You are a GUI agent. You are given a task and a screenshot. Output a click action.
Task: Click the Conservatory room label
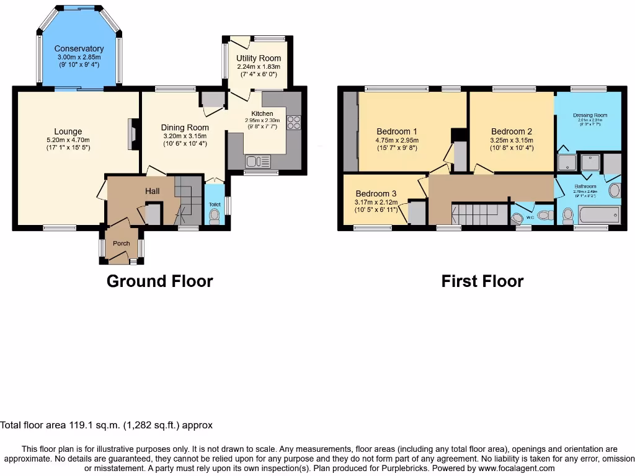point(79,49)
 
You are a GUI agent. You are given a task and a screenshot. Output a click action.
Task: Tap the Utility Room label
point(259,58)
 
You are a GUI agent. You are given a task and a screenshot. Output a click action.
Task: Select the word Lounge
point(68,131)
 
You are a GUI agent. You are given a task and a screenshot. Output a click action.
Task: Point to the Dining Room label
point(185,128)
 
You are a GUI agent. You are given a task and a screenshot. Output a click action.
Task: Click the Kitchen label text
point(262,113)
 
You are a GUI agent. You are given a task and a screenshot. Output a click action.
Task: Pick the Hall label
point(153,192)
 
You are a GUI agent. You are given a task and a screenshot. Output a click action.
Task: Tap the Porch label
point(122,244)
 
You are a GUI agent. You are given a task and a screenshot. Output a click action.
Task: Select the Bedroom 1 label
point(397,131)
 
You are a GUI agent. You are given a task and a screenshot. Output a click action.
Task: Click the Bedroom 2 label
point(512,131)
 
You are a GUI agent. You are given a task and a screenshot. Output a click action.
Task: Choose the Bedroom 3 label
point(376,193)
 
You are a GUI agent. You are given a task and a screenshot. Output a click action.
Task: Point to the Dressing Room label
point(590,115)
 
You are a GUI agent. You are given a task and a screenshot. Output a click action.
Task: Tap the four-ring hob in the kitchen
point(294,123)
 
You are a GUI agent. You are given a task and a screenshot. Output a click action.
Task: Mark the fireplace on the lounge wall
point(132,134)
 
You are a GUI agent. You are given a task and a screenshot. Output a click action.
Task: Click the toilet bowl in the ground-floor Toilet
point(215,216)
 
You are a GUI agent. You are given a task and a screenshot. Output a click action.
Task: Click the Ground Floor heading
point(160,281)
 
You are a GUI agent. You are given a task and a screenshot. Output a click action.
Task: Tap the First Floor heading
point(482,281)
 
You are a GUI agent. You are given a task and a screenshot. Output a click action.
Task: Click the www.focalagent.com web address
point(507,469)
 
